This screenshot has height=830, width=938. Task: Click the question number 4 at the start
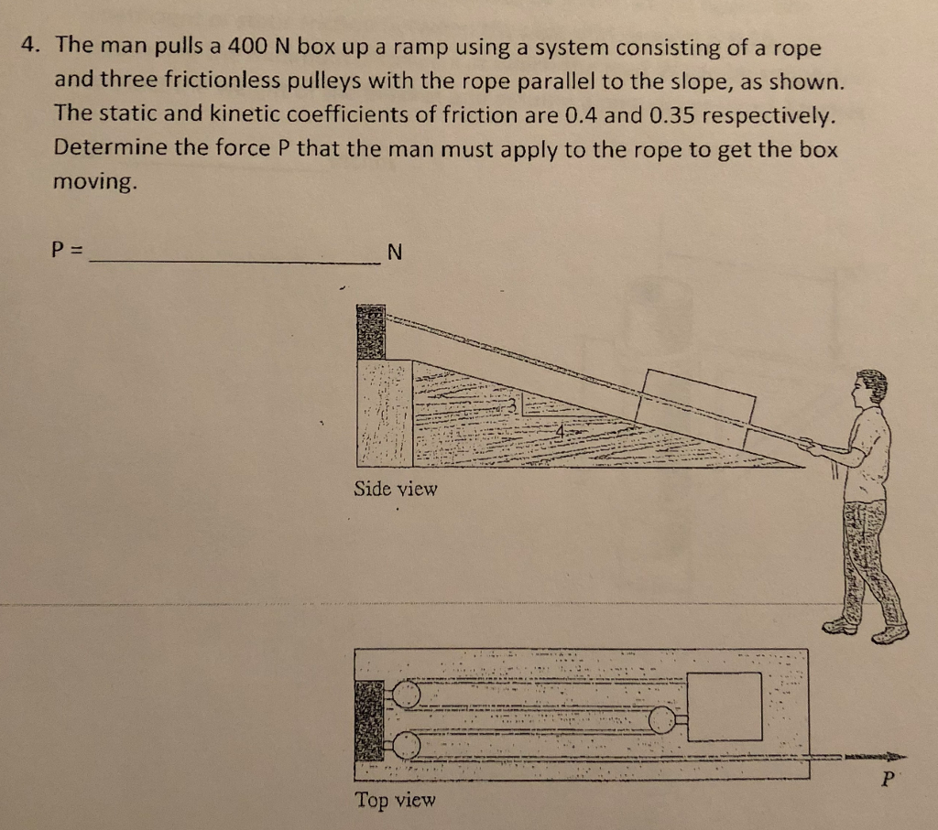(x=31, y=48)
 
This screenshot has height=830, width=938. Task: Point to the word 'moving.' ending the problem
(x=96, y=181)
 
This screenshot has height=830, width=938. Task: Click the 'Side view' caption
(x=396, y=489)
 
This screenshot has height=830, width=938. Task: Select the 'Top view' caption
(x=396, y=800)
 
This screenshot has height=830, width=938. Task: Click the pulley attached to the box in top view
(x=661, y=721)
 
